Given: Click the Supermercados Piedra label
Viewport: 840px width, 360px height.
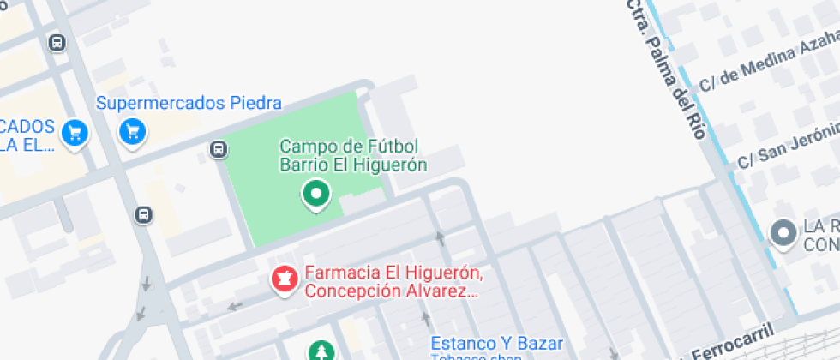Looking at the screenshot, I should [x=189, y=104].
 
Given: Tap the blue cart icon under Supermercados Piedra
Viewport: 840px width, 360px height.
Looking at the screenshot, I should [x=131, y=131].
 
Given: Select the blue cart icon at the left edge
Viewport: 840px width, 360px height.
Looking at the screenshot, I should [x=75, y=132].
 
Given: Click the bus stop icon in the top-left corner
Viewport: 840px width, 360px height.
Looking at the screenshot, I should [x=57, y=42].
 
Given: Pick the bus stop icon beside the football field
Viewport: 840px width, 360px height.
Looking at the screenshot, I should [x=219, y=150].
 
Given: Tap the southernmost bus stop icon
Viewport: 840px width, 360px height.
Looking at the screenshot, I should [x=143, y=214].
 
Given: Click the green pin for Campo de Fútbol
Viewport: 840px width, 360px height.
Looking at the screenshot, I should [x=316, y=194].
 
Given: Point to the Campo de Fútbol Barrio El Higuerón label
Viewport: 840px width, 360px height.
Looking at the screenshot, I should [x=353, y=155].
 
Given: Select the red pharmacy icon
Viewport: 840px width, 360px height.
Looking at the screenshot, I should [x=284, y=278].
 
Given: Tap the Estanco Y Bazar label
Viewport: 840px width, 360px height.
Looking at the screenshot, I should [x=485, y=343].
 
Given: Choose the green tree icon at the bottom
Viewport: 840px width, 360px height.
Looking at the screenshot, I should [x=321, y=351].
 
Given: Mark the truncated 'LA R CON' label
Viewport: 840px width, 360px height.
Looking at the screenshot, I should [x=820, y=236].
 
